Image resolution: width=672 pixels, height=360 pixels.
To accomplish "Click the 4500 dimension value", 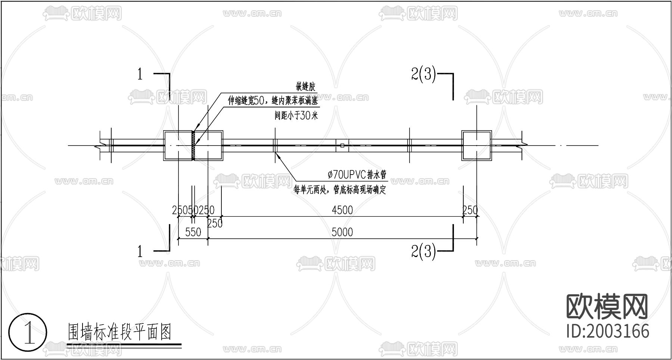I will (x=342, y=210).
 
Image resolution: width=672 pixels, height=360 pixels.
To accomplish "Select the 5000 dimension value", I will (x=342, y=232).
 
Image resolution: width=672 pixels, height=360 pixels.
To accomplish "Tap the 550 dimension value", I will (x=193, y=232).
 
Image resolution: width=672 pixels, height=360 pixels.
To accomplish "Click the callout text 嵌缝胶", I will (x=306, y=87).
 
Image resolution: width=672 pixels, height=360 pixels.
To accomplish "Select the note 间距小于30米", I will (x=296, y=116).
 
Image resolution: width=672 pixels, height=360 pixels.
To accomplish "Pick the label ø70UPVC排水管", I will (x=357, y=174).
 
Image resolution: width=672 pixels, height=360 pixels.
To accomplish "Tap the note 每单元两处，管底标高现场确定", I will (x=339, y=190).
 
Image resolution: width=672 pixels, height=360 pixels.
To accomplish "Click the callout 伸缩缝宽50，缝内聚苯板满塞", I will (x=273, y=101).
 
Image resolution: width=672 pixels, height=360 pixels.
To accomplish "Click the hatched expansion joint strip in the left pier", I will (x=193, y=145).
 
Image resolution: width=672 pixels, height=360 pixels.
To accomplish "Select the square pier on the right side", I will (x=476, y=145).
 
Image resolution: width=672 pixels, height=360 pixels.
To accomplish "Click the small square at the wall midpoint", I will (x=342, y=145).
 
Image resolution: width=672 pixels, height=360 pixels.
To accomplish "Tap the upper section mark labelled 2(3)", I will (x=423, y=75).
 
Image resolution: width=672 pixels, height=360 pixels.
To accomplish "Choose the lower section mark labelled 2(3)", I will (x=423, y=252).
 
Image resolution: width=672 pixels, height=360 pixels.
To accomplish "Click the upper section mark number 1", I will (x=140, y=75).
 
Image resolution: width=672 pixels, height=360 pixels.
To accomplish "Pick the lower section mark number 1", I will (x=140, y=252).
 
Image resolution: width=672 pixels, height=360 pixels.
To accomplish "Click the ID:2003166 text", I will (x=607, y=331).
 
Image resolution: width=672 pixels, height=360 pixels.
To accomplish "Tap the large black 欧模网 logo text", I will (x=607, y=306).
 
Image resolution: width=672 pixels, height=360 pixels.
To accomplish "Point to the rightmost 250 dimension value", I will (x=470, y=210).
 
